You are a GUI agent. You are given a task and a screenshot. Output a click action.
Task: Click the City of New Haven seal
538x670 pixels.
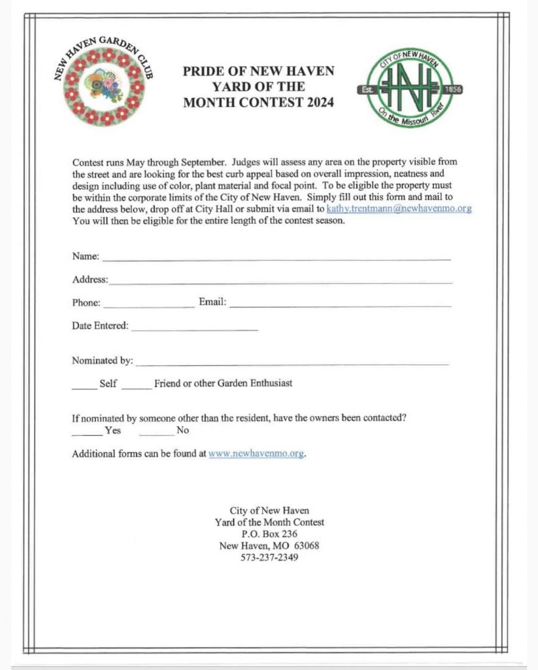409,88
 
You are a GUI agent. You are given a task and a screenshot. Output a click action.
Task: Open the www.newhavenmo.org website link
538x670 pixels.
256,453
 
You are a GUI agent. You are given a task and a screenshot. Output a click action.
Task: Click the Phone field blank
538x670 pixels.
148,306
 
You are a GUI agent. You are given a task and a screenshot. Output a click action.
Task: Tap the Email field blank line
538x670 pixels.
340,306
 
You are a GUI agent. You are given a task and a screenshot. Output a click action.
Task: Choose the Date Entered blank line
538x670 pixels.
194,328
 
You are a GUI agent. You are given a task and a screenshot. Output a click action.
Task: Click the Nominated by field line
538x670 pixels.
292,362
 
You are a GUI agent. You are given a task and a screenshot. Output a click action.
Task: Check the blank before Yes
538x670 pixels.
87,434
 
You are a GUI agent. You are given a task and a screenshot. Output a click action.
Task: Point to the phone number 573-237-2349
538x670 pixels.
269,557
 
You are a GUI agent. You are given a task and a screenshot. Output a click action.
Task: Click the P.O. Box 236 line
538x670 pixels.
269,534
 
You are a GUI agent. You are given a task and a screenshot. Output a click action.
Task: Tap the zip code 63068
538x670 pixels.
307,546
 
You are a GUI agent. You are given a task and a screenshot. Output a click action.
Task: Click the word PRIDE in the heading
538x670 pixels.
204,71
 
